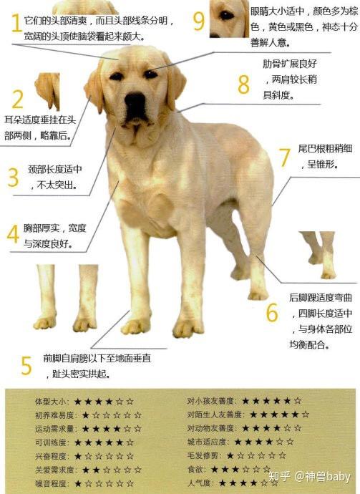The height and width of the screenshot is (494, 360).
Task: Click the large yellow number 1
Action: tap(14, 23)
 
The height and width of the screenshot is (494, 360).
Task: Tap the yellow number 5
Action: tap(26, 365)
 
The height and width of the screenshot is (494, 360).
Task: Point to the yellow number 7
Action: tap(284, 157)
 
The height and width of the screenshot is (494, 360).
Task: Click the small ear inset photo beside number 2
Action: tap(47, 89)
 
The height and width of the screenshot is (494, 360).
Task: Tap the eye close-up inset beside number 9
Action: tap(228, 18)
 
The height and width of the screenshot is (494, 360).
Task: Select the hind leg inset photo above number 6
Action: tap(318, 254)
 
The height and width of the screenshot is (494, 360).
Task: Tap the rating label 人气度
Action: tap(198, 483)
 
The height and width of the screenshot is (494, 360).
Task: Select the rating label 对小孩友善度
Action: tap(212, 401)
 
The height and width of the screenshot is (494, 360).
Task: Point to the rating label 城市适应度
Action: tap(207, 442)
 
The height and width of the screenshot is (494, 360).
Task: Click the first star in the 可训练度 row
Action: tap(86, 442)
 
